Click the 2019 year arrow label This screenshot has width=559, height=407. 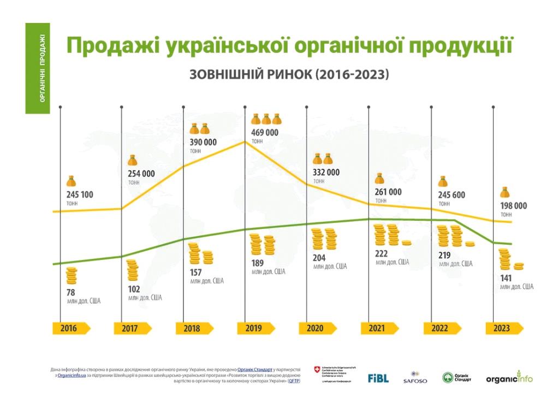click(254, 328)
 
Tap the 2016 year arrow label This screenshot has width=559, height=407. click(69, 328)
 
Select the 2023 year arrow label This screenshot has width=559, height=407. click(502, 328)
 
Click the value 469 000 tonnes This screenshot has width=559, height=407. click(265, 133)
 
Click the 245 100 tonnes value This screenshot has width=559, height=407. click(79, 194)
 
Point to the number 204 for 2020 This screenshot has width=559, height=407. click(320, 258)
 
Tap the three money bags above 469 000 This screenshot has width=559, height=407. click(266, 119)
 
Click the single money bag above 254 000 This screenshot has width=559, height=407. click(133, 161)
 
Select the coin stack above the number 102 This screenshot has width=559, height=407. click(134, 271)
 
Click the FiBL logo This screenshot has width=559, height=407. click(378, 378)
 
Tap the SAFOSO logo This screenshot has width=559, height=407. click(415, 378)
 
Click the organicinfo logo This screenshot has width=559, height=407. click(509, 378)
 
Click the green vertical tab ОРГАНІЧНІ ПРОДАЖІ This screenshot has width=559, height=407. click(38, 68)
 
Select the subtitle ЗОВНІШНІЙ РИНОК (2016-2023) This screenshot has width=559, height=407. click(289, 75)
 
